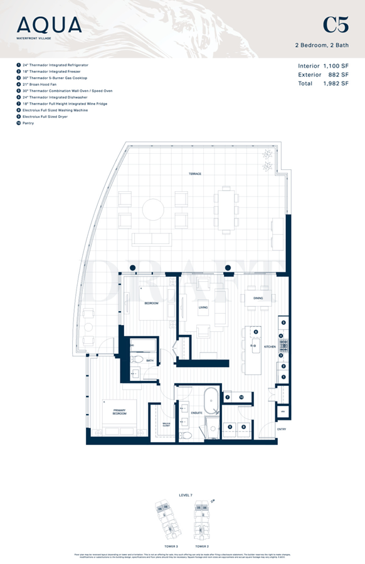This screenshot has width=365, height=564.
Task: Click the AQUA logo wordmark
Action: coord(50,25)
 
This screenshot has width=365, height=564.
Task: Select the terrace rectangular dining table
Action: coord(226,204)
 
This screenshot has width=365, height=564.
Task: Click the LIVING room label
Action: coord(203,307)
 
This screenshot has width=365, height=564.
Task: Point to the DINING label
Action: coord(257,298)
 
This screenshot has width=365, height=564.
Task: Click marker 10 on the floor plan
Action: coord(242,397)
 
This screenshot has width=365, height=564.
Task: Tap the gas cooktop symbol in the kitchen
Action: coord(283,344)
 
